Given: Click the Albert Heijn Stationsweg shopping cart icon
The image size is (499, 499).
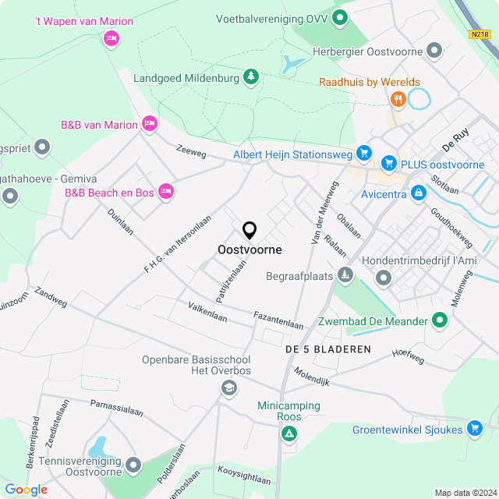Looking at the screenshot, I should tap(363, 153).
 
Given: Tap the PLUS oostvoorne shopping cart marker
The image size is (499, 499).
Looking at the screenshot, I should tap(388, 163).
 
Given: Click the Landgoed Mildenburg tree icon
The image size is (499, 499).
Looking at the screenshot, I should tap(251, 76).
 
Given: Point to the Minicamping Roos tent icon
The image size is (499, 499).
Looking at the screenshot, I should tap(289, 433).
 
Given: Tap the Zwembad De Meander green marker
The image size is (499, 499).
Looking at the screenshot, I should tap(440, 320).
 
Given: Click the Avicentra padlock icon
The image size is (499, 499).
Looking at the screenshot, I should tap(419, 190).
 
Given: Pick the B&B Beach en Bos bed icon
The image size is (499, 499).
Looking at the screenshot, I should tap(165, 190).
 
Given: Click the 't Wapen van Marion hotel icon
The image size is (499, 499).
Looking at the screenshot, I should tap(111, 37).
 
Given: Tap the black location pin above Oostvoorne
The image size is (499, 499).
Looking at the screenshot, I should tap(249, 230).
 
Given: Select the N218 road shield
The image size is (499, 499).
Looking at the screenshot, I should tap(480, 34).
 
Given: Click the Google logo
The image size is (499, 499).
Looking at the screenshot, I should tap(26, 489).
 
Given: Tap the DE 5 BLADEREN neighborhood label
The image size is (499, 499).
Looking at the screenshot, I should tap(327, 349).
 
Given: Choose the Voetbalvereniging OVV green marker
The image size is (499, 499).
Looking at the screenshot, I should tap(339, 17).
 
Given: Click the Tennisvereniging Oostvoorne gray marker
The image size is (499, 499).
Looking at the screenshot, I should tap(133, 466).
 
